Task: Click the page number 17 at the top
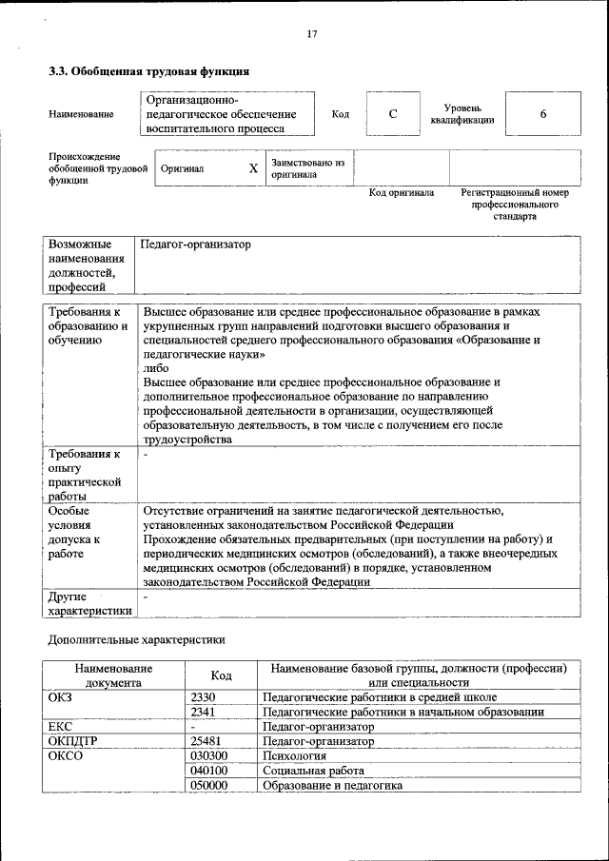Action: tap(311, 34)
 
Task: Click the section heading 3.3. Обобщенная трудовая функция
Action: tap(149, 71)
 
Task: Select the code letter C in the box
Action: tap(392, 114)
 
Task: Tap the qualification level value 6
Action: tap(542, 114)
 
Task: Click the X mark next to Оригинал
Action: tap(253, 168)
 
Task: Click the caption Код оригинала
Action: tap(402, 193)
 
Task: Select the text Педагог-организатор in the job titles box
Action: tap(195, 245)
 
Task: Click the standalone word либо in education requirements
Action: tap(156, 368)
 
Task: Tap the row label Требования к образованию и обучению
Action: tap(88, 325)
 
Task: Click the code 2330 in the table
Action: tap(203, 697)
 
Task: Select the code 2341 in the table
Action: tap(203, 712)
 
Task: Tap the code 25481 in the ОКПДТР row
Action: tap(206, 741)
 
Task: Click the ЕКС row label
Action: tap(60, 727)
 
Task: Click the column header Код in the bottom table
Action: tap(221, 675)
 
